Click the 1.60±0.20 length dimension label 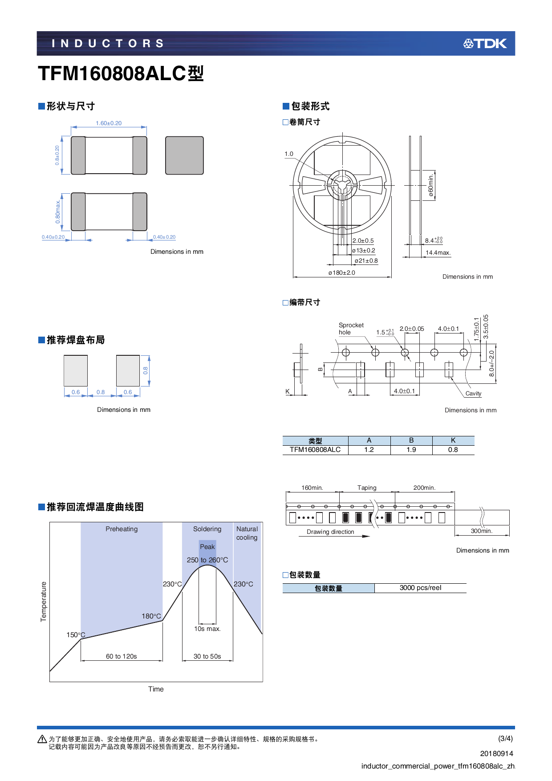coord(109,123)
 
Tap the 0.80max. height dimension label coord(58,212)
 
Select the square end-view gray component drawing coord(184,155)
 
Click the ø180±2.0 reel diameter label coord(342,273)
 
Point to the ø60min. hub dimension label coord(431,186)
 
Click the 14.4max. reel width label coord(438,253)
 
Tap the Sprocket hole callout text coord(351,329)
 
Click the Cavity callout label coord(473,394)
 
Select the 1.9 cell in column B coord(411,450)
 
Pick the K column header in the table coord(453,440)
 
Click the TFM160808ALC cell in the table coord(315,450)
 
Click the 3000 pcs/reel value coord(420,588)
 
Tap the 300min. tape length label coord(481,531)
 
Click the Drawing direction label coord(330,532)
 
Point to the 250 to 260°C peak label coord(207,560)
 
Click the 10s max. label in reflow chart coord(207,629)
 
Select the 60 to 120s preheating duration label coord(121,656)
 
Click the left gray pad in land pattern coord(76,370)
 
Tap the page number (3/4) coord(505,739)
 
